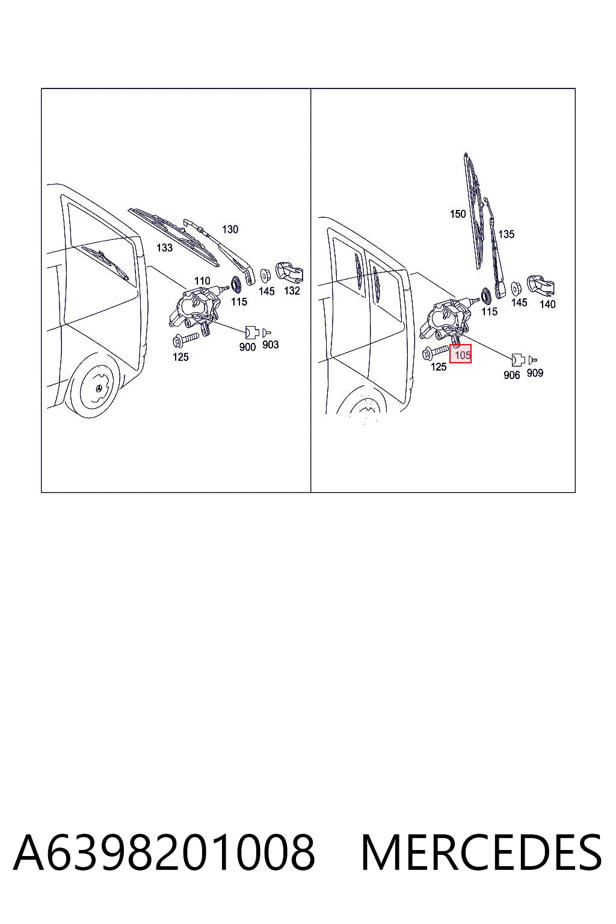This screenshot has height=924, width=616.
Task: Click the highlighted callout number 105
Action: tap(462, 354)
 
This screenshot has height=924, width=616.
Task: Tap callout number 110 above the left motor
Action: tap(202, 281)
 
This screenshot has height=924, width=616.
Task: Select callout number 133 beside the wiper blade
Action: tap(164, 247)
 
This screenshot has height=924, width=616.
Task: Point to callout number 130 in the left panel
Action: tap(230, 229)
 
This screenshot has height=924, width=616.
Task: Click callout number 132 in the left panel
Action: tap(292, 291)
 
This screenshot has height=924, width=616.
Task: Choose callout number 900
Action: tap(247, 347)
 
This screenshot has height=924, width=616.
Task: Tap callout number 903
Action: tap(270, 345)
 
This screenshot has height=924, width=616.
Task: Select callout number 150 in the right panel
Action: tap(458, 214)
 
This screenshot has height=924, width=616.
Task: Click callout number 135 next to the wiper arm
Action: tap(507, 234)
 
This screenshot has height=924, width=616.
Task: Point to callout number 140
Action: tap(547, 304)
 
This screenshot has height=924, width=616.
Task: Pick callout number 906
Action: tap(511, 375)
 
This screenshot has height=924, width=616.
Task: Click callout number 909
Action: tap(535, 373)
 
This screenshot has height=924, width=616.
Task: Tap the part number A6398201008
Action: tap(164, 852)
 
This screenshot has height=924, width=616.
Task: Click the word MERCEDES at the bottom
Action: tap(481, 852)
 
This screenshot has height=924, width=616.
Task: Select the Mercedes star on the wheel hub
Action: tap(99, 389)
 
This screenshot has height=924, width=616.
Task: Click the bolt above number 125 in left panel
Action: tap(186, 339)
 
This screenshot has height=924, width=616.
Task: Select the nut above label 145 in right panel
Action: tap(516, 287)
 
